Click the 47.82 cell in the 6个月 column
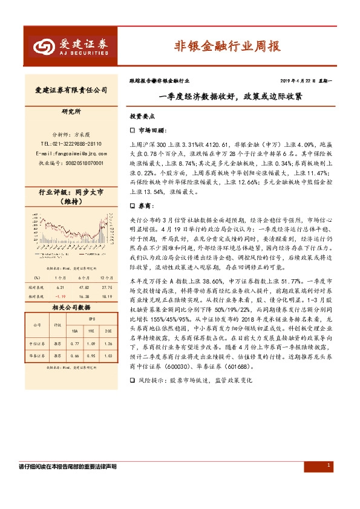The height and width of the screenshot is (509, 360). [84, 288]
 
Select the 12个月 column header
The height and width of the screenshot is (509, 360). [108, 277]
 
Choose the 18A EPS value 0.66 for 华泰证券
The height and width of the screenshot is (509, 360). [74, 355]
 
